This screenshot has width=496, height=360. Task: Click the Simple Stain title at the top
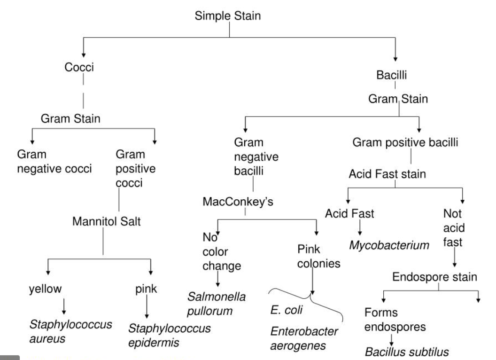tap(228, 16)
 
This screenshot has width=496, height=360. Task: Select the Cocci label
tap(79, 67)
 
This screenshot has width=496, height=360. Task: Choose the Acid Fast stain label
tap(387, 174)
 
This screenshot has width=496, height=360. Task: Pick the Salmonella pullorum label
tap(217, 304)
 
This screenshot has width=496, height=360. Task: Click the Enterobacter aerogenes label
tap(304, 339)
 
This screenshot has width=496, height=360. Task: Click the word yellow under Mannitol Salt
tap(45, 289)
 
